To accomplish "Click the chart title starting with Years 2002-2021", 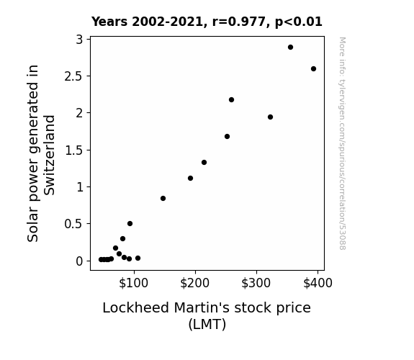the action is pyautogui.click(x=207, y=22).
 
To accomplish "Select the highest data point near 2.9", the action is pyautogui.click(x=290, y=48).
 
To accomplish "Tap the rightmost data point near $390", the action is pyautogui.click(x=313, y=68).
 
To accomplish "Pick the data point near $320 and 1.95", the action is pyautogui.click(x=270, y=117).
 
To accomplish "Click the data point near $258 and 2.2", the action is pyautogui.click(x=231, y=99).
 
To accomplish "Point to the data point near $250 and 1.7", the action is pyautogui.click(x=227, y=137).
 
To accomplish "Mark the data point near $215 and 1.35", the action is pyautogui.click(x=204, y=162).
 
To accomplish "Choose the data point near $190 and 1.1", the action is pyautogui.click(x=190, y=179).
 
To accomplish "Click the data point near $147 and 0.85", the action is pyautogui.click(x=163, y=198).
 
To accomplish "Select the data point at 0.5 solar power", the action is pyautogui.click(x=130, y=223).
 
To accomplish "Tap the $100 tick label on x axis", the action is pyautogui.click(x=134, y=283).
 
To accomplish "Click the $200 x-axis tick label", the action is pyautogui.click(x=195, y=283).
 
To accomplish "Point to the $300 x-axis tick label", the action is pyautogui.click(x=256, y=283).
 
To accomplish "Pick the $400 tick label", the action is pyautogui.click(x=318, y=283).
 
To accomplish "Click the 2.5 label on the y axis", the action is pyautogui.click(x=73, y=76).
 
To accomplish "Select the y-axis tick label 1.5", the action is pyautogui.click(x=73, y=150).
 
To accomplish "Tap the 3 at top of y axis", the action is pyautogui.click(x=79, y=40).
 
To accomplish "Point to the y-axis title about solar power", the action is pyautogui.click(x=41, y=153).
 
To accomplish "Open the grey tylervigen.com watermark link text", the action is pyautogui.click(x=343, y=143).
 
